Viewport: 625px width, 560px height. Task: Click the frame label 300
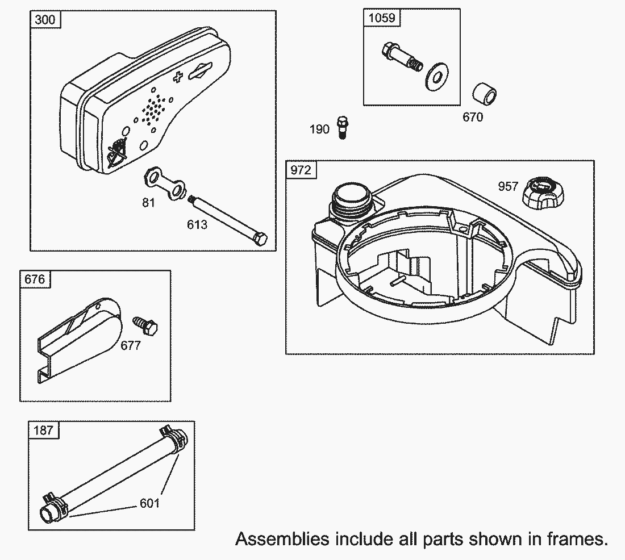pyautogui.click(x=45, y=19)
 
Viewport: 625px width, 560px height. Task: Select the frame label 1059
pyautogui.click(x=382, y=18)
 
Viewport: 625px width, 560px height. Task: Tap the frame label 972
pyautogui.click(x=301, y=170)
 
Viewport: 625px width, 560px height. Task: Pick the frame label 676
pyautogui.click(x=35, y=279)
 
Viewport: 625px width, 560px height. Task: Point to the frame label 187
pyautogui.click(x=43, y=430)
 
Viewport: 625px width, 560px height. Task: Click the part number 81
pyautogui.click(x=148, y=203)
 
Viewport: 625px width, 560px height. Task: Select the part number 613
pyautogui.click(x=197, y=225)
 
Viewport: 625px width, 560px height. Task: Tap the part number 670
pyautogui.click(x=473, y=117)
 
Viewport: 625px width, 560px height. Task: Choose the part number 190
pyautogui.click(x=320, y=129)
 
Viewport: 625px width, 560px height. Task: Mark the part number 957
pyautogui.click(x=508, y=186)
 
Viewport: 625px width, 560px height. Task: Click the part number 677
pyautogui.click(x=131, y=345)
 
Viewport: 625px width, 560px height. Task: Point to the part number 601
pyautogui.click(x=150, y=503)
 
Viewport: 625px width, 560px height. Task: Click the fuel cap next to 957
pyautogui.click(x=543, y=194)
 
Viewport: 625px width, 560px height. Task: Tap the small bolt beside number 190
pyautogui.click(x=342, y=127)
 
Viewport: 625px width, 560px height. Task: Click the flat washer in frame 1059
pyautogui.click(x=437, y=76)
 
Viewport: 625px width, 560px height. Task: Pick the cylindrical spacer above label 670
pyautogui.click(x=484, y=94)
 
